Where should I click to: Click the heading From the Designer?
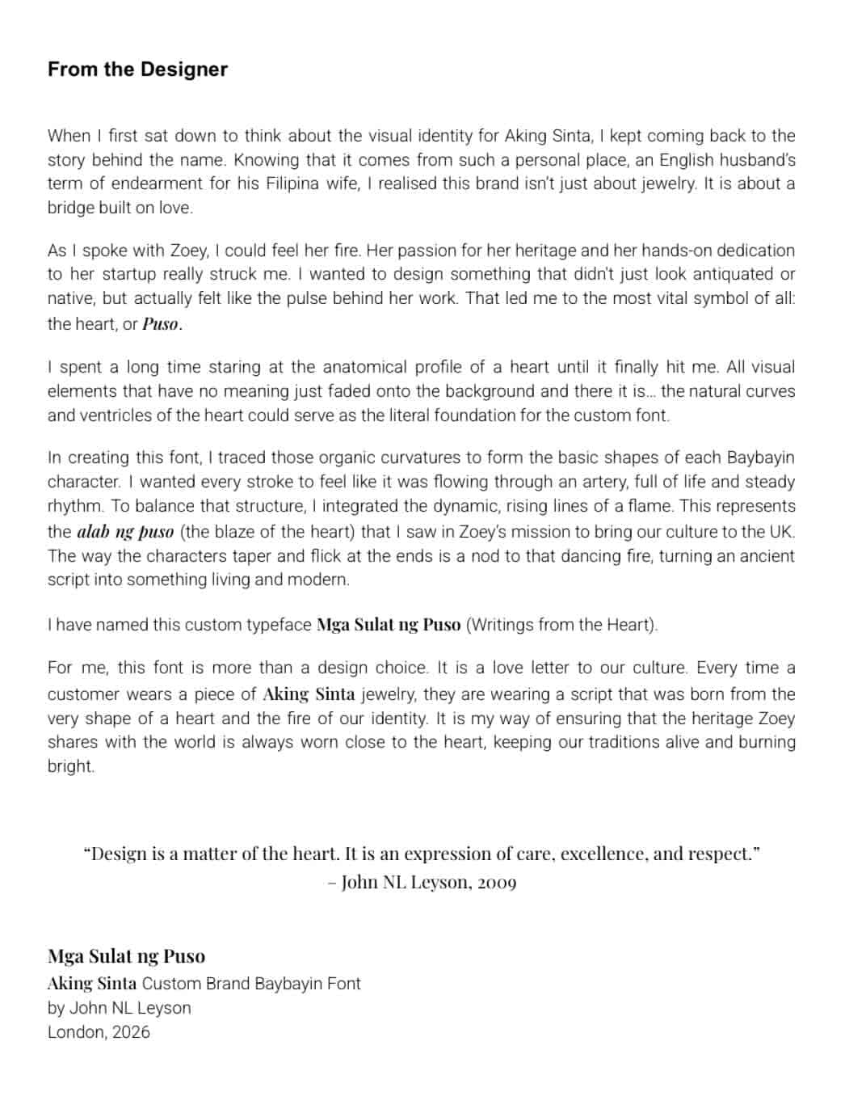[x=137, y=70]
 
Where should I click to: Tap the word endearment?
[x=158, y=183]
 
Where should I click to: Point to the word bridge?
[x=71, y=208]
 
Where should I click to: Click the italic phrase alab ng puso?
[x=125, y=532]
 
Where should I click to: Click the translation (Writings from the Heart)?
[x=562, y=625]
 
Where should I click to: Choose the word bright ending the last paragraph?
[x=70, y=766]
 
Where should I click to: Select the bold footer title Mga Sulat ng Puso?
[x=126, y=956]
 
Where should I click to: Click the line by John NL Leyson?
[x=120, y=1008]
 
